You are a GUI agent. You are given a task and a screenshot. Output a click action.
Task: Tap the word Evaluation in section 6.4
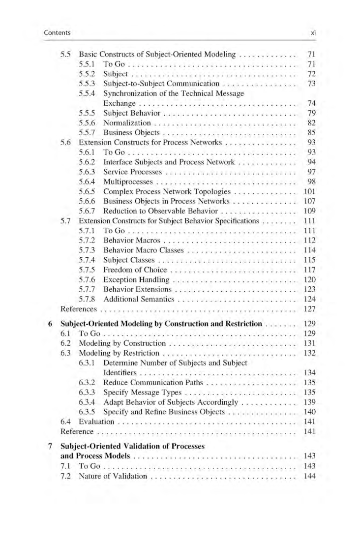click(x=96, y=422)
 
